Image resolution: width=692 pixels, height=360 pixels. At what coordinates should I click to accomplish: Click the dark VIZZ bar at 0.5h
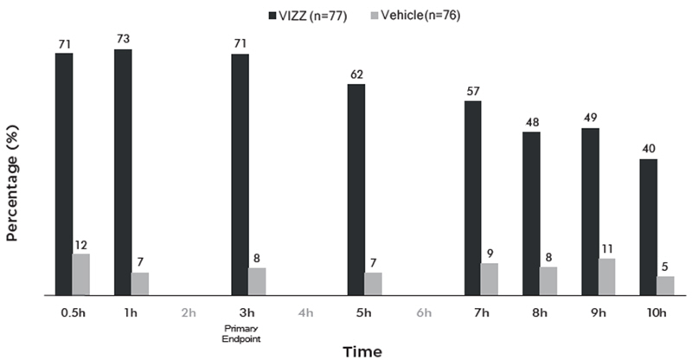pyautogui.click(x=64, y=174)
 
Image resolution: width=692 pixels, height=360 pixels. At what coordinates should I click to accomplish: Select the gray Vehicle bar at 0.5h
pyautogui.click(x=81, y=274)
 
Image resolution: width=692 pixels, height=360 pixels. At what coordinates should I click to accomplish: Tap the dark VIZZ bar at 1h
pyautogui.click(x=123, y=172)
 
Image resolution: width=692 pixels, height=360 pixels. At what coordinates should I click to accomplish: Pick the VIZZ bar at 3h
pyautogui.click(x=240, y=174)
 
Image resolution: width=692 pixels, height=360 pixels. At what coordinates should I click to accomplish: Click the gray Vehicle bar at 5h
pyautogui.click(x=373, y=284)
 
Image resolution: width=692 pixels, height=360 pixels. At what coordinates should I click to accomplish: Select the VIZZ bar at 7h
pyautogui.click(x=473, y=198)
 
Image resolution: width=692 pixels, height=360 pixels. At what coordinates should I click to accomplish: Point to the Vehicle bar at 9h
pyautogui.click(x=606, y=277)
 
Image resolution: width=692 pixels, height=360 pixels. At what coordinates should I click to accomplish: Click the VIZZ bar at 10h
pyautogui.click(x=649, y=227)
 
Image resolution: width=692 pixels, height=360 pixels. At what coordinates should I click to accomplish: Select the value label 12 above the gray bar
pyautogui.click(x=81, y=246)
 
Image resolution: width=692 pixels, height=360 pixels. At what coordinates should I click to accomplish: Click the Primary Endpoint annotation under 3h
pyautogui.click(x=241, y=334)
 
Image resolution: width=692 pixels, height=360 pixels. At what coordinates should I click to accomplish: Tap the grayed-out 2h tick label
pyautogui.click(x=189, y=312)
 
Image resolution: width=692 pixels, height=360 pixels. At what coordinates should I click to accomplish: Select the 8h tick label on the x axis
pyautogui.click(x=540, y=312)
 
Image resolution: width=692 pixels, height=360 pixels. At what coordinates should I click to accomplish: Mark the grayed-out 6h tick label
pyautogui.click(x=423, y=312)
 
